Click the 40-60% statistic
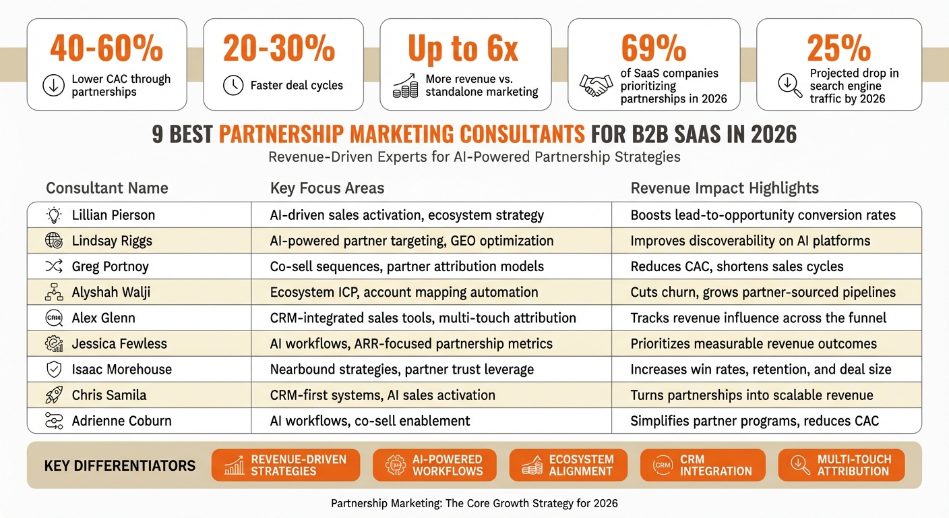pos(106,49)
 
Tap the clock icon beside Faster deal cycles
pos(233,85)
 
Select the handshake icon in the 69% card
pos(596,86)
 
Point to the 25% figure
pos(838,49)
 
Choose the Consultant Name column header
pos(106,188)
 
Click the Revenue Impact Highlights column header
pos(725,188)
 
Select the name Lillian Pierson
pos(113,215)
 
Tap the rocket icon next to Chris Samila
pos(53,395)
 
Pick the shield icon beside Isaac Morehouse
pos(53,370)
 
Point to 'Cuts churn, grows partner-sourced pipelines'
pos(763,292)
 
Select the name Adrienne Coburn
pos(121,421)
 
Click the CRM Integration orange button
pos(702,465)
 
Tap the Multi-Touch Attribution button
pos(841,465)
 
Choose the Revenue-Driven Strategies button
pos(286,465)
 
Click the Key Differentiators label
pos(120,466)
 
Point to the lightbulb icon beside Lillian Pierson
pos(53,215)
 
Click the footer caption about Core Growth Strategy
pos(474,503)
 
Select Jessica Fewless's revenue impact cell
pos(754,344)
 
